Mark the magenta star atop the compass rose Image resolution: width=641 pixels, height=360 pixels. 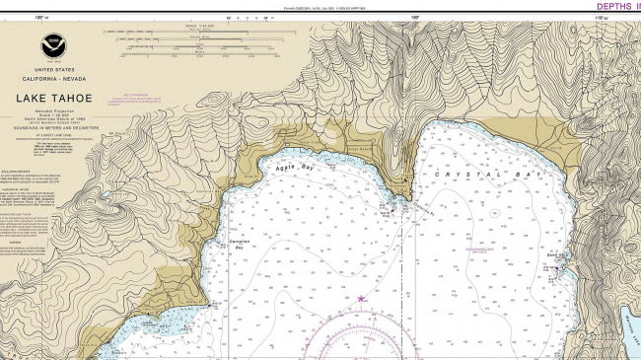point(361,299)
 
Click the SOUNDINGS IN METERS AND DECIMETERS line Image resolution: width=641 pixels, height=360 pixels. point(46,125)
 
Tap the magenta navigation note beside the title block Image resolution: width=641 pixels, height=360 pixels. point(132,99)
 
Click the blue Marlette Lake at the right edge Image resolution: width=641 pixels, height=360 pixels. point(630,321)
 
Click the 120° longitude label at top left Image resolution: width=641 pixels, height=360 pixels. point(39,17)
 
